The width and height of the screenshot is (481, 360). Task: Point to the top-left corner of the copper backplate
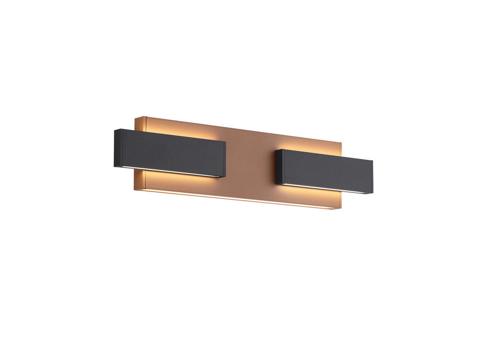coord(135,117)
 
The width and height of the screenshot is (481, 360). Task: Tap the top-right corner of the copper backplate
coord(341,142)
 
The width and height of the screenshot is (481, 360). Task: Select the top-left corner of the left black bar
coord(115,129)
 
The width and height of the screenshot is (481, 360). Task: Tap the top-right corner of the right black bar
coord(373,161)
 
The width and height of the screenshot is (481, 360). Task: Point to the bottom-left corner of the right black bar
coord(277,183)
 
